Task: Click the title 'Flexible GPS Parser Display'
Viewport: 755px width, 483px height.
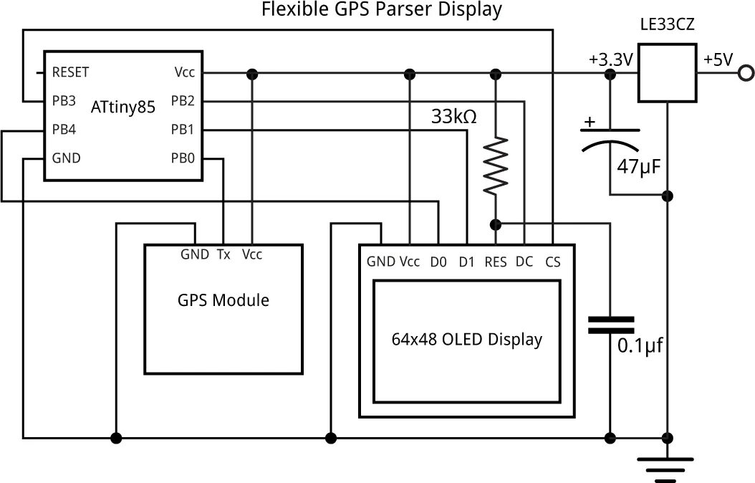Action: [381, 10]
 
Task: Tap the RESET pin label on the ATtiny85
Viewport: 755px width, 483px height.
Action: [70, 72]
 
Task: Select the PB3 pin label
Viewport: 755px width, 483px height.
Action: [64, 101]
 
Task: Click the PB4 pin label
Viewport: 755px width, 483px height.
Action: [64, 130]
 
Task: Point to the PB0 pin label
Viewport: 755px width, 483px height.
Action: [183, 158]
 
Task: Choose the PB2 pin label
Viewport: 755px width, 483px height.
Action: [183, 101]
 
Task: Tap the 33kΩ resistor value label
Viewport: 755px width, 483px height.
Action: [453, 116]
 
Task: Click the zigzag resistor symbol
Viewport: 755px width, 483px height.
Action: [496, 166]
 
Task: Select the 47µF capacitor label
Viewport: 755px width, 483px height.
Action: [638, 168]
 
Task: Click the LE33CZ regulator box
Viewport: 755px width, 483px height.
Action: [667, 73]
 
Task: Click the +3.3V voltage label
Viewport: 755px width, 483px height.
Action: [610, 60]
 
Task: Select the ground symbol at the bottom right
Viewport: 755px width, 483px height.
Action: [668, 466]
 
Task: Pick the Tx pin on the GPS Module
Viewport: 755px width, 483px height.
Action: [223, 254]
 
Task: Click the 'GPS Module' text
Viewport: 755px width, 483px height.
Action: [223, 300]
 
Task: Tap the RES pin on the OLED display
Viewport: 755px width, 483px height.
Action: [496, 262]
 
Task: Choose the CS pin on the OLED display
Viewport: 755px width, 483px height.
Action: [553, 262]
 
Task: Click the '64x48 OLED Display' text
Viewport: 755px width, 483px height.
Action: [466, 339]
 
